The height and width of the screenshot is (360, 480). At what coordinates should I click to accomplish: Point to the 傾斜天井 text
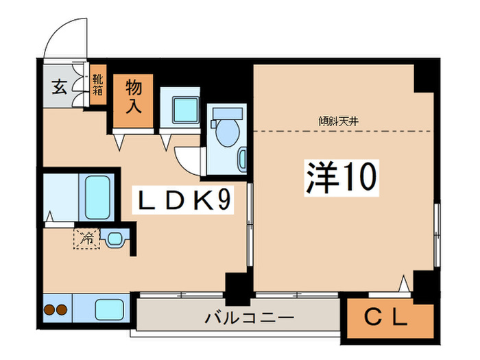coord(339,121)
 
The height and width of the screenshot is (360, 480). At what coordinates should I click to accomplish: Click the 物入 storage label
coord(133,97)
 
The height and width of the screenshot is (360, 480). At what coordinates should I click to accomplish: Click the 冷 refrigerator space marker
coord(87,239)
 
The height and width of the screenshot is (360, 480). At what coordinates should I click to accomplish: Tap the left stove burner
coord(49,309)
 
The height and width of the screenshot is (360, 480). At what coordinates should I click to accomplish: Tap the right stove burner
coord(62,309)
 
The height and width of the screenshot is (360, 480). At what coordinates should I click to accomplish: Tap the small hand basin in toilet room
coord(242,159)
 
